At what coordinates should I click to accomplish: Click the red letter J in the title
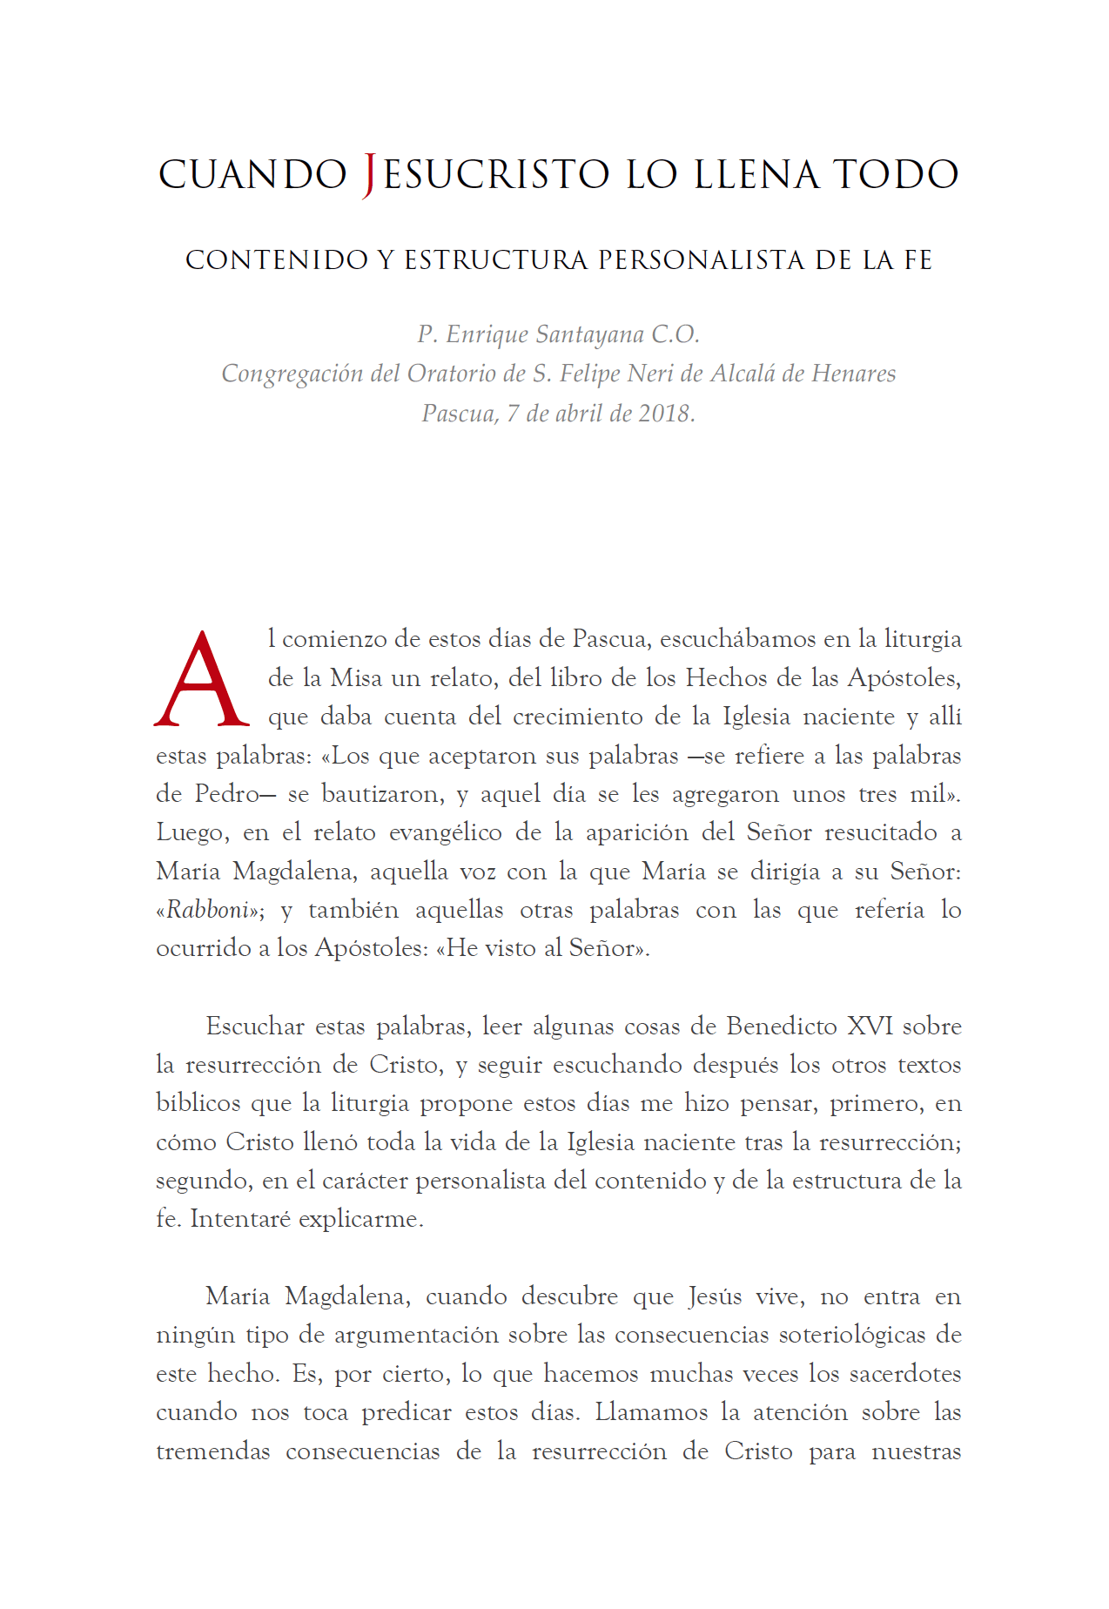[369, 174]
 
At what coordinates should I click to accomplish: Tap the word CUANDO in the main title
[252, 174]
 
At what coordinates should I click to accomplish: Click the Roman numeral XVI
[870, 1026]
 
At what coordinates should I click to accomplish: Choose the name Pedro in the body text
[227, 794]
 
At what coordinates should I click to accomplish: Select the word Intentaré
[240, 1219]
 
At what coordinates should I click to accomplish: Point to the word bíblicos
[198, 1103]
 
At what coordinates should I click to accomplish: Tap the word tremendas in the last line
[213, 1451]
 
